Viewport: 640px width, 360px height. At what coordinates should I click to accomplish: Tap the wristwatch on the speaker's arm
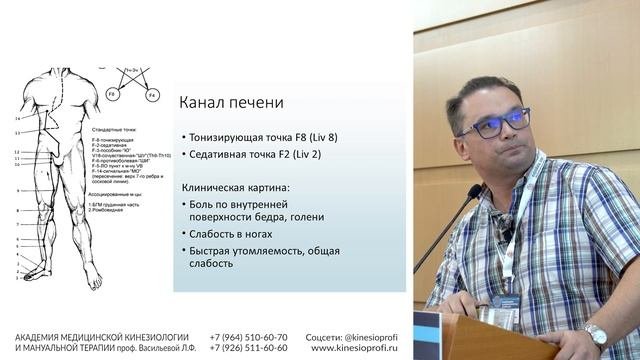(598, 334)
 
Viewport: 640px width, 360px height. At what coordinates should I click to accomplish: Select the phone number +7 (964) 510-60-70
(249, 337)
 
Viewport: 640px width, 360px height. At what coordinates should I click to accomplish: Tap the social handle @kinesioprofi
(375, 337)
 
